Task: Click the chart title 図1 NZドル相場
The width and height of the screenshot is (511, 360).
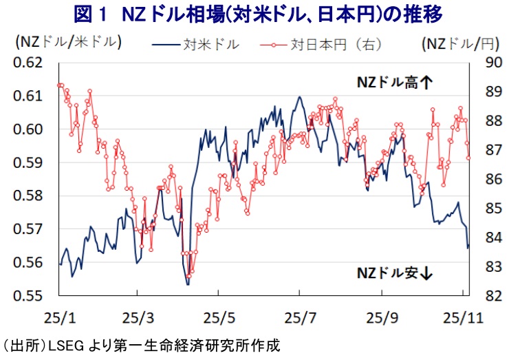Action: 256,13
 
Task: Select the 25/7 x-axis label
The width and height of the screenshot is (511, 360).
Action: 300,318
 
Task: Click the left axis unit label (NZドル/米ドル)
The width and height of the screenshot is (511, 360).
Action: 67,42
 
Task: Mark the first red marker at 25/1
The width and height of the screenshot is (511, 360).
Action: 59,85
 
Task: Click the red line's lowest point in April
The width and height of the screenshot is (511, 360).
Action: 189,276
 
